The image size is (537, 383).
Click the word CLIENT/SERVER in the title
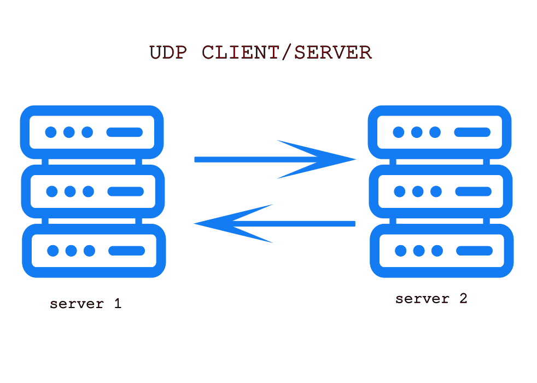click(x=287, y=53)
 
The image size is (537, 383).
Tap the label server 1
click(x=85, y=304)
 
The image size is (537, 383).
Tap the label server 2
click(x=431, y=299)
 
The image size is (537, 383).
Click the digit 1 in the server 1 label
click(x=117, y=304)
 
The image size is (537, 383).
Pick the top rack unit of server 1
click(x=92, y=132)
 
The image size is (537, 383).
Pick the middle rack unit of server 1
click(x=92, y=191)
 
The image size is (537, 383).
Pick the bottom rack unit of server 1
click(x=94, y=251)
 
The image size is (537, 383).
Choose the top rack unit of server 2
click(x=440, y=132)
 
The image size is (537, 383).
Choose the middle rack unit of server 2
click(x=441, y=191)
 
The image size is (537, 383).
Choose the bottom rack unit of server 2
click(x=442, y=251)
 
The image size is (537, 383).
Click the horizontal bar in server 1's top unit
click(x=125, y=132)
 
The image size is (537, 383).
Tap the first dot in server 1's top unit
click(x=51, y=132)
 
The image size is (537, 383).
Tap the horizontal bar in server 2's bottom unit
click(x=475, y=251)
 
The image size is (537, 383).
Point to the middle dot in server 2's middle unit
click(x=418, y=191)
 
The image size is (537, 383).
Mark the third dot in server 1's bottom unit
click(x=89, y=251)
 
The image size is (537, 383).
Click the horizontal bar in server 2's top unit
click(x=472, y=132)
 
